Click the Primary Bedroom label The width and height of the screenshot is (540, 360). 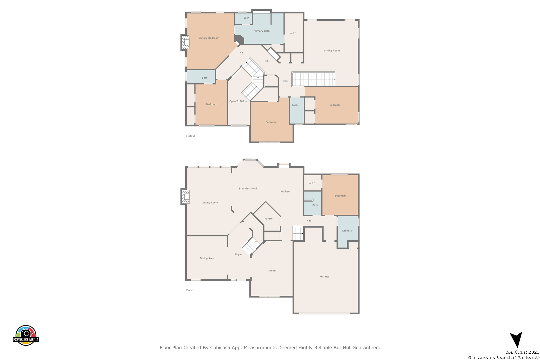pos(208,38)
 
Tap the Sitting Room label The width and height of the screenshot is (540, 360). pos(332,51)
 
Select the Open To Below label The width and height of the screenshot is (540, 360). pos(238,101)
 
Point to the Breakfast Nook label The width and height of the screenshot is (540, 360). pos(248,189)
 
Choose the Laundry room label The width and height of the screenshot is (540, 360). pos(347,231)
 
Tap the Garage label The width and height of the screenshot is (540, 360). pos(324,277)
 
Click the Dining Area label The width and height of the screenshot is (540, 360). pos(207,258)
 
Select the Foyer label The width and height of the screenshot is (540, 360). pos(238,254)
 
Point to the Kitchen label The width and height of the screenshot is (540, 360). pos(285,191)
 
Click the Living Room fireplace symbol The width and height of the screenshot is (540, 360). pos(185,197)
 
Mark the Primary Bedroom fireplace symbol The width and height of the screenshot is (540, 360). pos(185,42)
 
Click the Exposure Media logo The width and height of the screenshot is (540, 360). pos(26,335)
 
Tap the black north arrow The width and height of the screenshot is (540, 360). pos(516,339)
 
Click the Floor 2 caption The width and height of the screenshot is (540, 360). pos(190,136)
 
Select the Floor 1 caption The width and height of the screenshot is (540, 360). pos(190,290)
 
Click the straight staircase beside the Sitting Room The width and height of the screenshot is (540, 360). pos(313,79)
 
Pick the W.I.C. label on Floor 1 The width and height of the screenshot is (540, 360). pos(312,183)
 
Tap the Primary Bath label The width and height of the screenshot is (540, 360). pos(261,31)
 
